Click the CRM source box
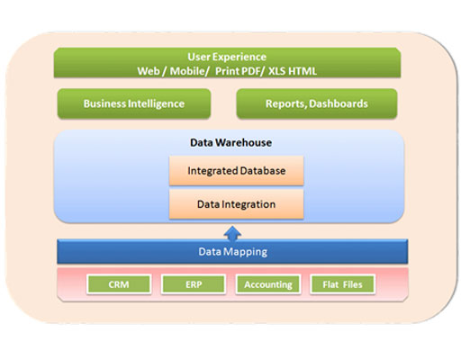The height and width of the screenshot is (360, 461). [119, 283]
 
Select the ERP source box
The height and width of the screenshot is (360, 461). [194, 283]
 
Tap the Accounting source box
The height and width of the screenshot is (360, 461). [268, 283]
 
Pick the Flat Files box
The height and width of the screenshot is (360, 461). [342, 283]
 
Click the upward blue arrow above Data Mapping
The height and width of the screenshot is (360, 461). [232, 234]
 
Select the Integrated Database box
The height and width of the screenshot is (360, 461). [237, 170]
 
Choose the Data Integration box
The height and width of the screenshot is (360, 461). [237, 204]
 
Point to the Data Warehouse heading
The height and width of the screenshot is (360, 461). [230, 142]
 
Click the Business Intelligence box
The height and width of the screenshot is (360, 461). [134, 103]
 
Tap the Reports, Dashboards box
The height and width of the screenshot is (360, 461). [317, 103]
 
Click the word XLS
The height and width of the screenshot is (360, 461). [276, 71]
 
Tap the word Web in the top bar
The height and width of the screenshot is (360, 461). [149, 71]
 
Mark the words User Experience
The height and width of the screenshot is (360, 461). [227, 57]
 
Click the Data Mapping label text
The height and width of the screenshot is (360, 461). [232, 252]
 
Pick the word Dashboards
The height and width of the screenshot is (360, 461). [339, 103]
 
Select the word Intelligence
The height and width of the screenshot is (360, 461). [156, 103]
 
